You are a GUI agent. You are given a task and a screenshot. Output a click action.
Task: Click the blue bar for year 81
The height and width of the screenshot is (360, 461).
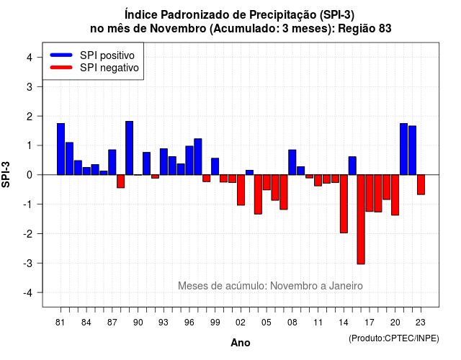(61, 149)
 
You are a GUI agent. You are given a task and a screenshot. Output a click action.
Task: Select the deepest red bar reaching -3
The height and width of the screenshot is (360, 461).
(361, 220)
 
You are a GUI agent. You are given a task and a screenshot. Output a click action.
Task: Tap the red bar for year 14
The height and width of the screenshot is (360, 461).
(344, 204)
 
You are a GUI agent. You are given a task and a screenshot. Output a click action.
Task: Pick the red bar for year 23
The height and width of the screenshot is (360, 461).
(421, 184)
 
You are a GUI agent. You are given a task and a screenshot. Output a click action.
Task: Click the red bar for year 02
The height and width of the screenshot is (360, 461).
(241, 190)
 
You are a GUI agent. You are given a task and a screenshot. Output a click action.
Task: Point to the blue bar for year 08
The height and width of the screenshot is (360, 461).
(292, 162)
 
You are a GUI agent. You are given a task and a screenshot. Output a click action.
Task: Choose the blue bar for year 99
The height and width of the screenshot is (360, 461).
(215, 166)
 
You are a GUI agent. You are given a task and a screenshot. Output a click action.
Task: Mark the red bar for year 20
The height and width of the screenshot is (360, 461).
(395, 195)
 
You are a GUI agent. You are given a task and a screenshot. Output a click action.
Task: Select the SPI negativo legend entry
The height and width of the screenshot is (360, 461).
(94, 68)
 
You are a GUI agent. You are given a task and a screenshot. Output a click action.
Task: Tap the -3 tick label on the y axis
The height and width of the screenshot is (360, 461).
(28, 263)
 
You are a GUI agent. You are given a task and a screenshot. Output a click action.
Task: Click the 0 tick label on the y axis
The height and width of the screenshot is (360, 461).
(30, 175)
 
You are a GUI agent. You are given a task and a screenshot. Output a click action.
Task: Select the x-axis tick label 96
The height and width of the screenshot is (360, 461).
(189, 323)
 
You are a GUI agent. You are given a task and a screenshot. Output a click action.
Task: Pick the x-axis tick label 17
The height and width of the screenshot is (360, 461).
(370, 323)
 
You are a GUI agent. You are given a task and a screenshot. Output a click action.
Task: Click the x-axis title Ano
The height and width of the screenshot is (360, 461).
(241, 343)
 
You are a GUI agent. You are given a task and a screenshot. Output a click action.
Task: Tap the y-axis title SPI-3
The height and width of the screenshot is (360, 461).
(6, 174)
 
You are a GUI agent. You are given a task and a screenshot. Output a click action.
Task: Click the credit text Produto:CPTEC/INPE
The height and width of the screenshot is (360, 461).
(394, 338)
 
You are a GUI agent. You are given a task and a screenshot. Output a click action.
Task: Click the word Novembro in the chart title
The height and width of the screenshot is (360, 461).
(178, 29)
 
